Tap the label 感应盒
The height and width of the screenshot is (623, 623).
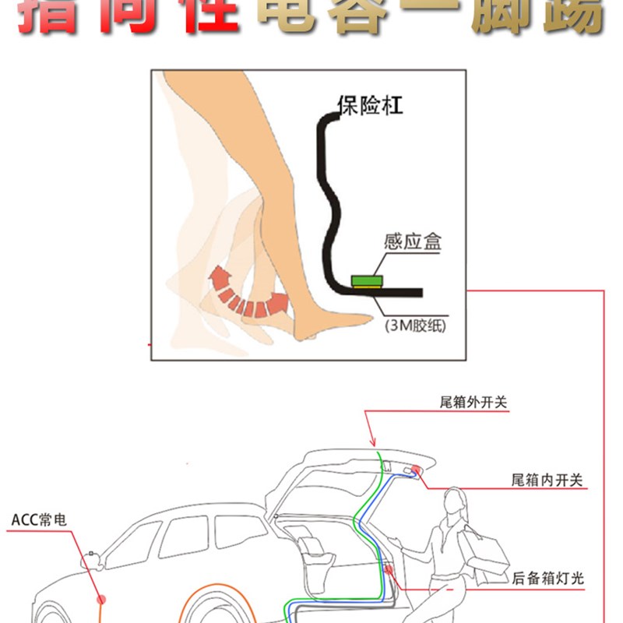(412, 242)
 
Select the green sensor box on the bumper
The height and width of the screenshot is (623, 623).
(365, 280)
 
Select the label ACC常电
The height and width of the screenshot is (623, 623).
(39, 519)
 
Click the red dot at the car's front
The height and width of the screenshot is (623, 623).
(100, 600)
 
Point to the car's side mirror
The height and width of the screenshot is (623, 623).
(93, 558)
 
